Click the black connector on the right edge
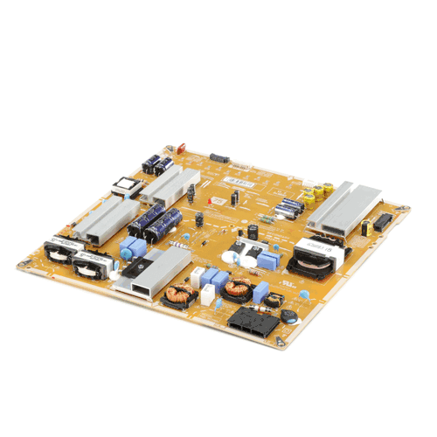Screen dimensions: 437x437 (382, 225)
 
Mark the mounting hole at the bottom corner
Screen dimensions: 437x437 (282, 342)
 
